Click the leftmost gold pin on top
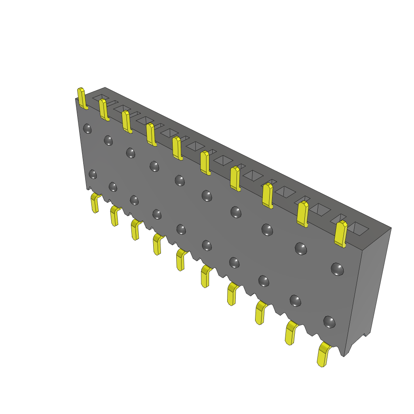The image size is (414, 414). (x=82, y=98)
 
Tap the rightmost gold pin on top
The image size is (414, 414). (x=341, y=234)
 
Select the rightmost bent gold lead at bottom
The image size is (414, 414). (x=323, y=355)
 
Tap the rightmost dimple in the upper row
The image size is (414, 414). (x=337, y=269)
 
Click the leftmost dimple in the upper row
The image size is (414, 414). (x=87, y=129)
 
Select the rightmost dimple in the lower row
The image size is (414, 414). (x=330, y=322)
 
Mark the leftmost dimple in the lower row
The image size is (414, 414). (x=93, y=174)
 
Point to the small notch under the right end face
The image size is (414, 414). (x=367, y=334)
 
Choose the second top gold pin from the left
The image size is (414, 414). (x=103, y=110)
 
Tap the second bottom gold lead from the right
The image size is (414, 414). (x=290, y=332)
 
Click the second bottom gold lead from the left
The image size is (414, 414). (x=114, y=215)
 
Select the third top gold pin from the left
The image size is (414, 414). (x=127, y=122)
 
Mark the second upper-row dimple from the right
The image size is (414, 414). (x=301, y=248)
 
